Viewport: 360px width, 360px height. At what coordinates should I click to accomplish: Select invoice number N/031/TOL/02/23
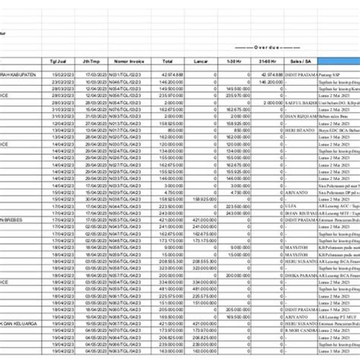click(126, 74)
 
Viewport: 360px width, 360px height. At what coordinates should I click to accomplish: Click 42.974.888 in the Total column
click(172, 74)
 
